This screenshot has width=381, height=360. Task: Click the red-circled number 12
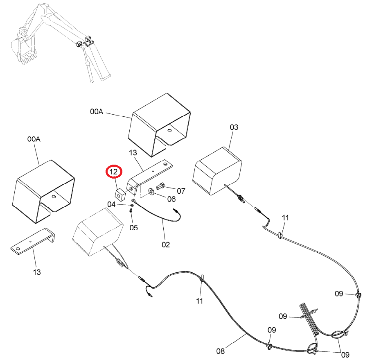pos(113,172)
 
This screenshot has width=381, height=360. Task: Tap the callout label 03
pos(234,127)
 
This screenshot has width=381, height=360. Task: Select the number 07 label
pos(181,191)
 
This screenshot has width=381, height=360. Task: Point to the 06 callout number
pos(171,199)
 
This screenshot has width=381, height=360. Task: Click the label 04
pos(111,204)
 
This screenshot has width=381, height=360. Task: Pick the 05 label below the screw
pos(134,227)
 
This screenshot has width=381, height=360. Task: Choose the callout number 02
pos(166,245)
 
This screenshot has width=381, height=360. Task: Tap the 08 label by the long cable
pos(221,351)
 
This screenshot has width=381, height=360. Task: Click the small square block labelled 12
pos(119,195)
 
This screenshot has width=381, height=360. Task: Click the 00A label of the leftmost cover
pos(34,139)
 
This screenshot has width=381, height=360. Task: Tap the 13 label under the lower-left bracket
pos(37,272)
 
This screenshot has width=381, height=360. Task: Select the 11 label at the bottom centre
pos(199,301)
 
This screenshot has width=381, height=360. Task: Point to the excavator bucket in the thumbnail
pos(23,51)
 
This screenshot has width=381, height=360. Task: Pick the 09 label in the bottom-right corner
pos(345,355)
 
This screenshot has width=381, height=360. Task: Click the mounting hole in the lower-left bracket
pos(17,249)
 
